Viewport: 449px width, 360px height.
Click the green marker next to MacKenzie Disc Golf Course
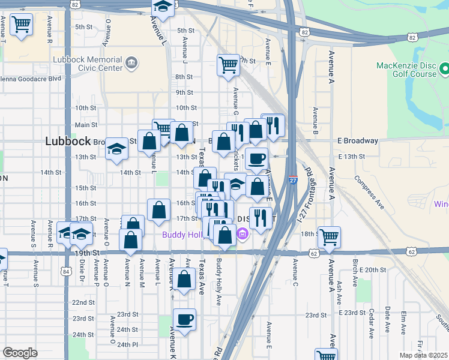coord(444,68)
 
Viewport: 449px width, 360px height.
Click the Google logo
coord(20,353)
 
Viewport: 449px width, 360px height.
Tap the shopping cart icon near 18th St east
coord(329,237)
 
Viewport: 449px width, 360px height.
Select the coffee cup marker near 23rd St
coord(185,319)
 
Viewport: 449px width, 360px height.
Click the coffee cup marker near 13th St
coord(256,158)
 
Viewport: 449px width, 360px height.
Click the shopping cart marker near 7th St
coord(228,65)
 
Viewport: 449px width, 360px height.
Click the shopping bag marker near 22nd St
coord(186,279)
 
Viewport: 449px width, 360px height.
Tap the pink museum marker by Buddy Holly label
coord(243,233)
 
